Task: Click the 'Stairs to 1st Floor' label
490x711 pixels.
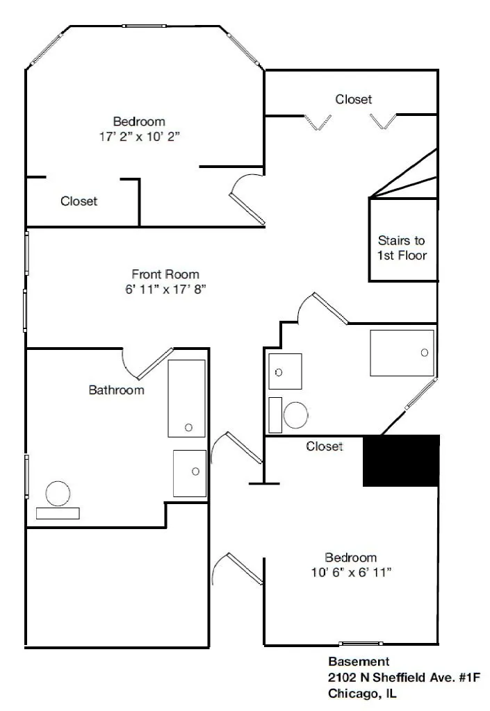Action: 402,248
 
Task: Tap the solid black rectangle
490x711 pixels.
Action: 402,460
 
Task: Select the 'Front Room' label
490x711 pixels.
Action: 165,274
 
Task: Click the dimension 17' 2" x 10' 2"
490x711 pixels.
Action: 140,137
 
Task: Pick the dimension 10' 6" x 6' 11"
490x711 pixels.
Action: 350,573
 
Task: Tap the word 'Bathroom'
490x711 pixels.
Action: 116,390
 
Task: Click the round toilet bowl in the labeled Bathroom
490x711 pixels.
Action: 57,494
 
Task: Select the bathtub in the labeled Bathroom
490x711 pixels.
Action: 186,398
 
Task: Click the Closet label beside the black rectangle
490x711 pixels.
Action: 325,446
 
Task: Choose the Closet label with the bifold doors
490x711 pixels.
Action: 353,99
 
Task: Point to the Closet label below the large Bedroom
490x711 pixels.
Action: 79,201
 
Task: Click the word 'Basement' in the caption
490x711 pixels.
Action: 358,662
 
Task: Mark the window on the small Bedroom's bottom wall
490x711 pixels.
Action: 360,644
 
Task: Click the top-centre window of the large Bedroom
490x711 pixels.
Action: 145,26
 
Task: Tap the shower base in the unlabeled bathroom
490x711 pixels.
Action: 401,353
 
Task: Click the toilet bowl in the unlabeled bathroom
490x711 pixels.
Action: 296,415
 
